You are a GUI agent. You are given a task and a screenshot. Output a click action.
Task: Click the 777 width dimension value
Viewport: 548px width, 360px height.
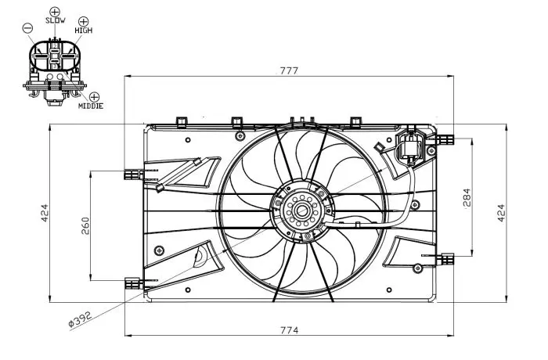(289, 70)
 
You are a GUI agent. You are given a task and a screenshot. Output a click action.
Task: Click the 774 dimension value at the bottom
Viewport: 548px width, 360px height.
(290, 330)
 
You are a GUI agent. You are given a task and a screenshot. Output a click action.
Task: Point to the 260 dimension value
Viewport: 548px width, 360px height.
(85, 226)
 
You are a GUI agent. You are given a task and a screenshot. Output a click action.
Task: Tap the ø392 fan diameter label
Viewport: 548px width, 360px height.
(80, 319)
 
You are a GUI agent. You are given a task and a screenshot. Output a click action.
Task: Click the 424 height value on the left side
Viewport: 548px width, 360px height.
(45, 213)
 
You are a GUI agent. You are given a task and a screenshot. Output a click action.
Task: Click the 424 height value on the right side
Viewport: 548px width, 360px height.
(501, 213)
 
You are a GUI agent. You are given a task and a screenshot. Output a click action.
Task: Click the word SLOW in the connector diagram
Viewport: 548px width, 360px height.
(56, 20)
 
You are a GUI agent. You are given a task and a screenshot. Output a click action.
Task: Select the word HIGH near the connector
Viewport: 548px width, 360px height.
(84, 31)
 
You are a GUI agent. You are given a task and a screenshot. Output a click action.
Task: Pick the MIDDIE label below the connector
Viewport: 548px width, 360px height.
(91, 106)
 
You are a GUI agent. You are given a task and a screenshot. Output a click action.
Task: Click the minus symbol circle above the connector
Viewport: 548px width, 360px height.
(27, 28)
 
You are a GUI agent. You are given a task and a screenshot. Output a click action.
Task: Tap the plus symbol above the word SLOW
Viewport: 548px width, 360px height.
(55, 12)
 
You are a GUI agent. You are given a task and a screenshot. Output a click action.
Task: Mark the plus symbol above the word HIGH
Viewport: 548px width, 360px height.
(84, 22)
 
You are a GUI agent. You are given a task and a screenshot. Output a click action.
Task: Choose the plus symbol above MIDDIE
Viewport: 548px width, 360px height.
(95, 97)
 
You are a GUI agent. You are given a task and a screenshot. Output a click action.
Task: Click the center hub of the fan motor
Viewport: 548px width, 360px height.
(301, 211)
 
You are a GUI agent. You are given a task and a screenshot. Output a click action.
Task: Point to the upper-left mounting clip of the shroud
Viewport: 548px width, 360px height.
(133, 174)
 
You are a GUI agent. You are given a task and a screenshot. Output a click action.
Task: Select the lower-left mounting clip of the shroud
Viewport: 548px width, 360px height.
(133, 283)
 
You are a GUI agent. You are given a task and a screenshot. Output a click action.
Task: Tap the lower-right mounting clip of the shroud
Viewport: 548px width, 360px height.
(445, 259)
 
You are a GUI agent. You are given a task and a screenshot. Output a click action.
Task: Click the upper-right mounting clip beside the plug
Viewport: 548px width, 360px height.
(445, 140)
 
